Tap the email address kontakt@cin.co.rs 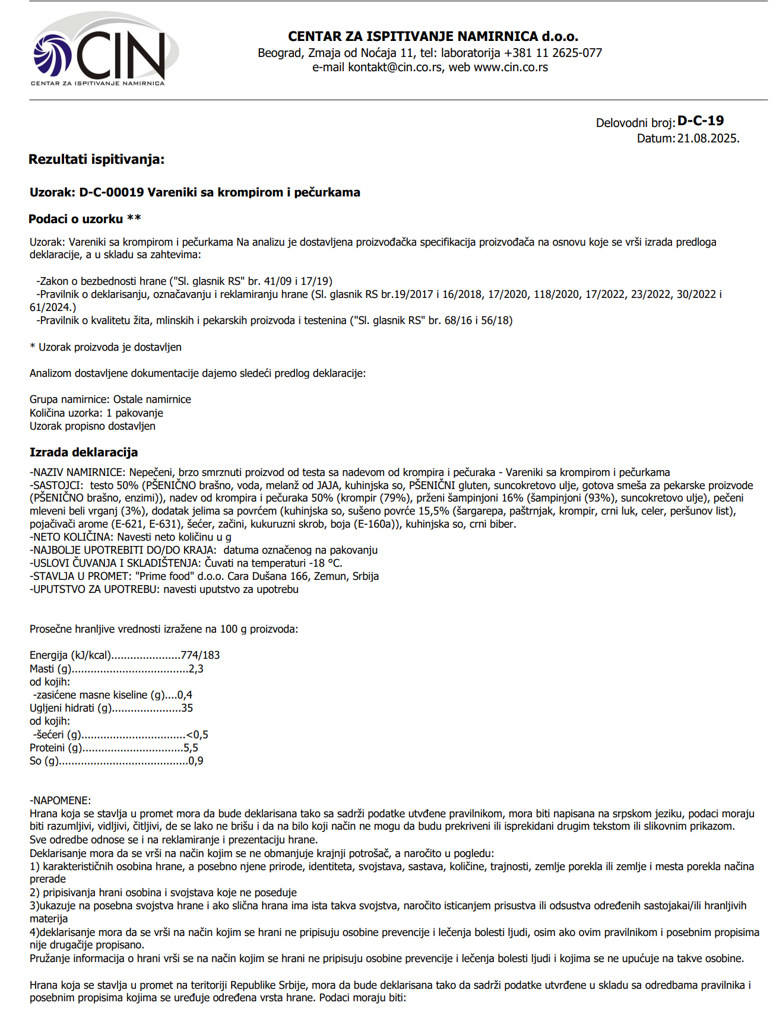coord(395,67)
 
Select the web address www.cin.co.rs coord(511,67)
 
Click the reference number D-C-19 coord(701,121)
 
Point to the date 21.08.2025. coord(708,138)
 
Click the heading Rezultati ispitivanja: coord(96,159)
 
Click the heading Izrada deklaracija coord(84,452)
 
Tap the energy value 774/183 coord(200,655)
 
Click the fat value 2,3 coord(196,669)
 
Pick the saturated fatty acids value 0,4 coord(185,695)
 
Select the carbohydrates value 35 coord(187,708)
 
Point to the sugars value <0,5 coord(197,735)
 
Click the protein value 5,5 coord(191,748)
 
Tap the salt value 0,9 coord(195,761)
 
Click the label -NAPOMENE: coord(61,801)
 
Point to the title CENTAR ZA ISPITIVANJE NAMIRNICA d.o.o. coord(433,36)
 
